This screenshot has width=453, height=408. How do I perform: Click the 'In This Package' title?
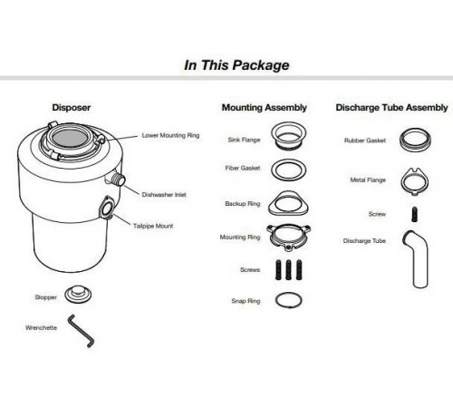pyautogui.click(x=236, y=65)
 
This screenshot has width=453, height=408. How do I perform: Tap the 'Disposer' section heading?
pyautogui.click(x=72, y=108)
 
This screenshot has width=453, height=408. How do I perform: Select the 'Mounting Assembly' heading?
pyautogui.click(x=265, y=108)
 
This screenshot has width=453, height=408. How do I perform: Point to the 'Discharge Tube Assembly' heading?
pyautogui.click(x=391, y=108)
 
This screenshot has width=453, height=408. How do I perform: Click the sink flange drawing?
pyautogui.click(x=289, y=143)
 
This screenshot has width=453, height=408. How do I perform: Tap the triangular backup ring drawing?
pyautogui.click(x=288, y=211)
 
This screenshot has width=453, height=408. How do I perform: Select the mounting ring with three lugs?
pyautogui.click(x=289, y=244)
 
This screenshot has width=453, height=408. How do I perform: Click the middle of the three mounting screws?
pyautogui.click(x=288, y=269)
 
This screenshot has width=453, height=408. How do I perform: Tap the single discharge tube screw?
pyautogui.click(x=415, y=214)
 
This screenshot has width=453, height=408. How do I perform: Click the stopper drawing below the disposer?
pyautogui.click(x=78, y=295)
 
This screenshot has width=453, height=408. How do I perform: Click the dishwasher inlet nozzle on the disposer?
pyautogui.click(x=119, y=180)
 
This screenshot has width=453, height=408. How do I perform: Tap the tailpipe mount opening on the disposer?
pyautogui.click(x=107, y=209)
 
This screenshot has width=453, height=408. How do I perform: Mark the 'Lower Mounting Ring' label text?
pyautogui.click(x=170, y=135)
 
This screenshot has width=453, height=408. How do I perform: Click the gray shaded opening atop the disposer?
pyautogui.click(x=70, y=138)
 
